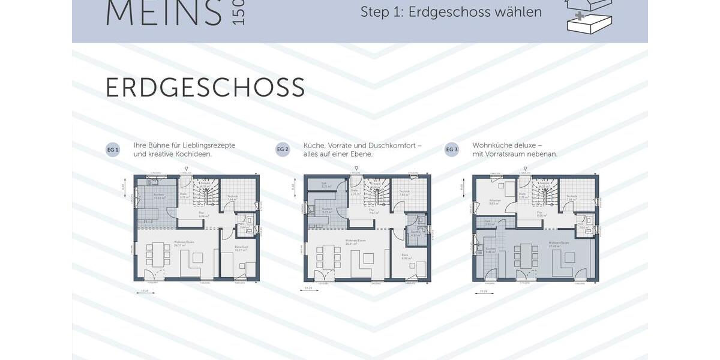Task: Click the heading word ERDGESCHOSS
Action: (x=205, y=88)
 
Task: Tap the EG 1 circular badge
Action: (x=113, y=149)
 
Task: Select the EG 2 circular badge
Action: (x=283, y=149)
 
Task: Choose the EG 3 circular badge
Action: (x=452, y=149)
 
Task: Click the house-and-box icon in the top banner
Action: (x=589, y=14)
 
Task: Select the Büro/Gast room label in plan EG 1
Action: (x=239, y=248)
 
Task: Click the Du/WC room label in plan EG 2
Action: (x=415, y=232)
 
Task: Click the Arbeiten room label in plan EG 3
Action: (x=494, y=202)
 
